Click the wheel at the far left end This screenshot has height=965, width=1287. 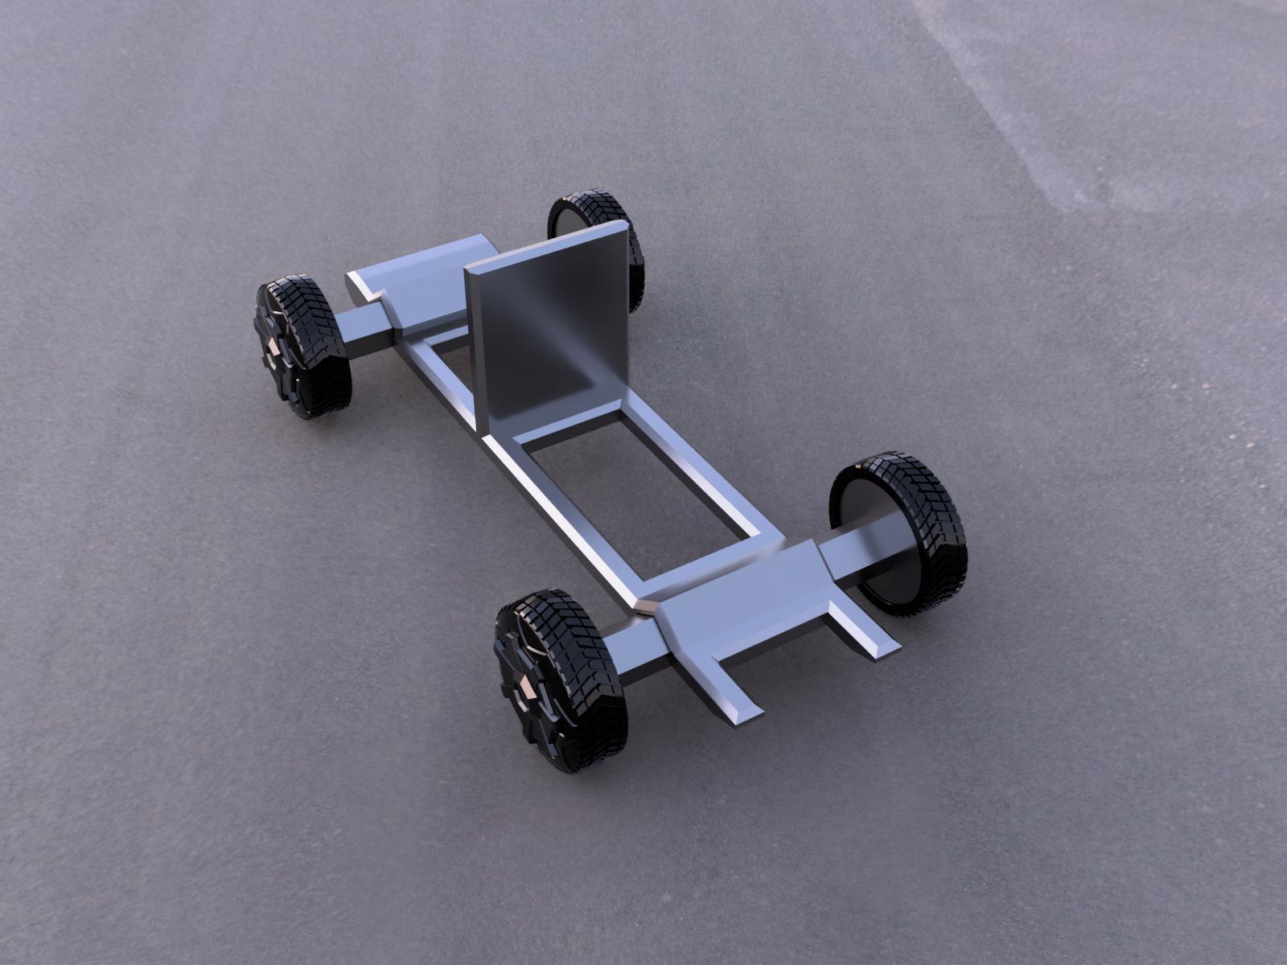click(302, 350)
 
